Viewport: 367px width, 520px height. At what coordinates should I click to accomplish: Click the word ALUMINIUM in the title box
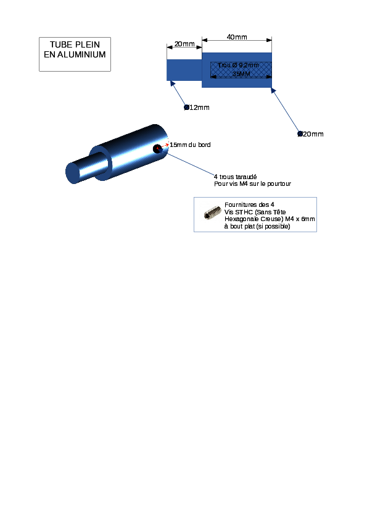point(81,54)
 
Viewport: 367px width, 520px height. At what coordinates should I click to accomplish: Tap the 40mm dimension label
point(237,37)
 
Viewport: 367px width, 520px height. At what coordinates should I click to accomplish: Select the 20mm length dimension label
point(184,44)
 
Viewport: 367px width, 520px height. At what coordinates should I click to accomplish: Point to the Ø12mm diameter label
point(197,107)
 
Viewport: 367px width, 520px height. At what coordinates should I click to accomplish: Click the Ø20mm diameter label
point(310,134)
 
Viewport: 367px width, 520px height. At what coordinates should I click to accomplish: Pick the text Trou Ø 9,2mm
point(239,65)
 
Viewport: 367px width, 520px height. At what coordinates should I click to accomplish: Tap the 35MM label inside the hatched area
point(241,73)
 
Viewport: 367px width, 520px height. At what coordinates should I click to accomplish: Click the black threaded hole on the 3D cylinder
point(157,149)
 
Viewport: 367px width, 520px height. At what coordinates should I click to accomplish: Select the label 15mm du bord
point(190,145)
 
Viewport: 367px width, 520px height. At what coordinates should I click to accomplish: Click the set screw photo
point(212,212)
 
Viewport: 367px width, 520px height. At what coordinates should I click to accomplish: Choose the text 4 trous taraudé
point(235,177)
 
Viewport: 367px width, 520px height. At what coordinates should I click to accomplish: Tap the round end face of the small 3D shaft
point(73,173)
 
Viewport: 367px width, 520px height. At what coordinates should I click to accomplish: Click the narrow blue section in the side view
point(184,70)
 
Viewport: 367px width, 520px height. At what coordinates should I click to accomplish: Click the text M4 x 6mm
point(300,219)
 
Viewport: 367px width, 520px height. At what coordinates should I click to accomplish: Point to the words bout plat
point(242,226)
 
